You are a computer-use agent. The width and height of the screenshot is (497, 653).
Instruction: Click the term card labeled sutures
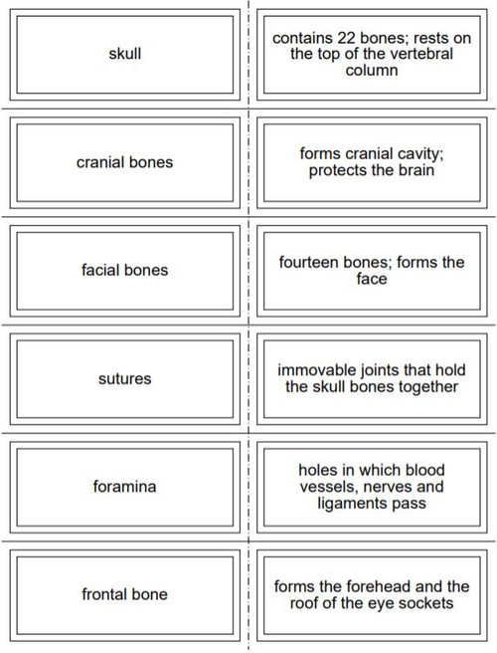[x=124, y=378]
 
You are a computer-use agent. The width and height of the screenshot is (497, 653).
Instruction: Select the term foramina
[x=124, y=487]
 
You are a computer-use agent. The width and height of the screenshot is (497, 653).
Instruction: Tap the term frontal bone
[x=124, y=594]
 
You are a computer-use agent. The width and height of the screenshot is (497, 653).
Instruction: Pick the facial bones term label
[x=124, y=270]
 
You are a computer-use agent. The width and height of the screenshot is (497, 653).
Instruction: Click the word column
[x=372, y=71]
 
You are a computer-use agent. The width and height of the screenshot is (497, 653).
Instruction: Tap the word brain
[x=414, y=170]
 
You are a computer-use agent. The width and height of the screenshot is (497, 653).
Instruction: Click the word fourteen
[x=311, y=263]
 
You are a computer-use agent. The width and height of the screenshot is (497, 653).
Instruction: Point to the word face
[x=372, y=280]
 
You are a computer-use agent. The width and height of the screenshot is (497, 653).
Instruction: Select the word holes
[x=320, y=470]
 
